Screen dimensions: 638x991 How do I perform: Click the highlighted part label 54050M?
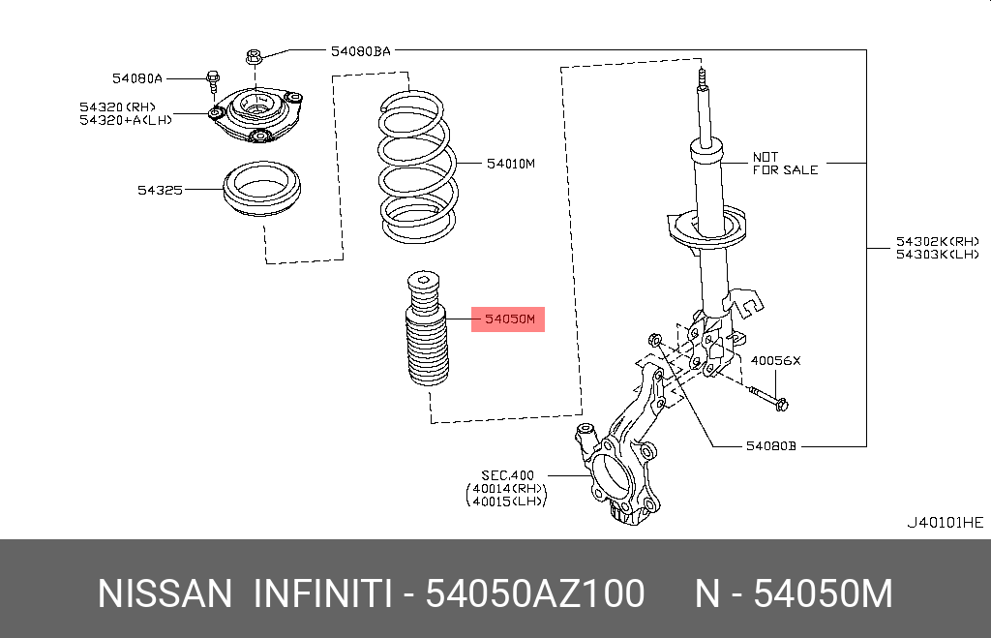pos(508,319)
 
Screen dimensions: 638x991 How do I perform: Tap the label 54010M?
pos(509,164)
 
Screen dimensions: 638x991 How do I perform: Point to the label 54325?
pos(160,190)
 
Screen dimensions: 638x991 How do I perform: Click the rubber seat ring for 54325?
pos(259,194)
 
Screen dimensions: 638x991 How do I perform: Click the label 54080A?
pos(136,76)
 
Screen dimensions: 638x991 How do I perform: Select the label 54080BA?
pos(360,51)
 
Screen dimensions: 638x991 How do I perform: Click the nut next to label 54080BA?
pos(254,57)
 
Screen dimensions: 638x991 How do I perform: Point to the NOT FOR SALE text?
pos(785,163)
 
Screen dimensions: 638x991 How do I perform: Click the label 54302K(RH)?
pos(937,240)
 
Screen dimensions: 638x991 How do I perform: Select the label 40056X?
pos(776,360)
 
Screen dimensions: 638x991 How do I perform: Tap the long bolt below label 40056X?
pos(769,397)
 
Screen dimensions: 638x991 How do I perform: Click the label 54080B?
pos(770,446)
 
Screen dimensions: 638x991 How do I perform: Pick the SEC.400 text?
pos(507,475)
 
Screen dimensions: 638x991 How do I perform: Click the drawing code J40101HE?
pos(944,522)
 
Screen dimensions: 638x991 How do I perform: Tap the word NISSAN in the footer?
pos(165,593)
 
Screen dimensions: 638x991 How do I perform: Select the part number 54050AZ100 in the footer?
pos(535,593)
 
